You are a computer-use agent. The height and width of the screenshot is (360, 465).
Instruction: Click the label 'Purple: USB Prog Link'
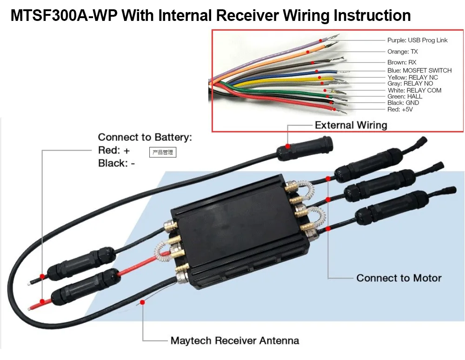417,40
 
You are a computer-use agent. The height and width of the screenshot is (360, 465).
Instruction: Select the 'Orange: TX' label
402,52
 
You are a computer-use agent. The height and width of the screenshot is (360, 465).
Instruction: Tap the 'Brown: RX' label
402,62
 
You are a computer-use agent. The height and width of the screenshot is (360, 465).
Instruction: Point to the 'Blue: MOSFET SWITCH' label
419,71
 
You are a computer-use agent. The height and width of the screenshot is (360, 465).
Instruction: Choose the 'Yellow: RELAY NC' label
412,77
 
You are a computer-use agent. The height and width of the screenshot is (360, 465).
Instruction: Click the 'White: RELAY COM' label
414,91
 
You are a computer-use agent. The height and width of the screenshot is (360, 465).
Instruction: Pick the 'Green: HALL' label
405,97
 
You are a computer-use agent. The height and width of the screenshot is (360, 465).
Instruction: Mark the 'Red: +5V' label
400,109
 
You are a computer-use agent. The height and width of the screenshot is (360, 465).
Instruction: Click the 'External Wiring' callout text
351,125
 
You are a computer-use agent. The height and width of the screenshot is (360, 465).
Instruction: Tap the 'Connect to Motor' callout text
399,278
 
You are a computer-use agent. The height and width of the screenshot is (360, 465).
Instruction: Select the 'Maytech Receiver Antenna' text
234,341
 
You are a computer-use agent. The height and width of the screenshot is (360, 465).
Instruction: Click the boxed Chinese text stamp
162,152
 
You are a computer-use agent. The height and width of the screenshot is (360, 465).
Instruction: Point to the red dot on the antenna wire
143,302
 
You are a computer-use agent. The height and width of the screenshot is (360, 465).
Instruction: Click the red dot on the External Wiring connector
287,146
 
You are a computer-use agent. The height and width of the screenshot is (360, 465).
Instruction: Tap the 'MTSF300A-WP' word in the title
64,15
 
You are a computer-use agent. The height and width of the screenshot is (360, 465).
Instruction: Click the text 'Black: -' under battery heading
116,163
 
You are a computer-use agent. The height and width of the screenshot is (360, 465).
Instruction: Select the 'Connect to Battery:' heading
145,137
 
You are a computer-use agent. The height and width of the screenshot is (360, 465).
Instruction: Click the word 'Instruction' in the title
372,15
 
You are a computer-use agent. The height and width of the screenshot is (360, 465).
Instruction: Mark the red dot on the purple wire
320,40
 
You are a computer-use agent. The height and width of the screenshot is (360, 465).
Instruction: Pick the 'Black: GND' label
403,103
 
